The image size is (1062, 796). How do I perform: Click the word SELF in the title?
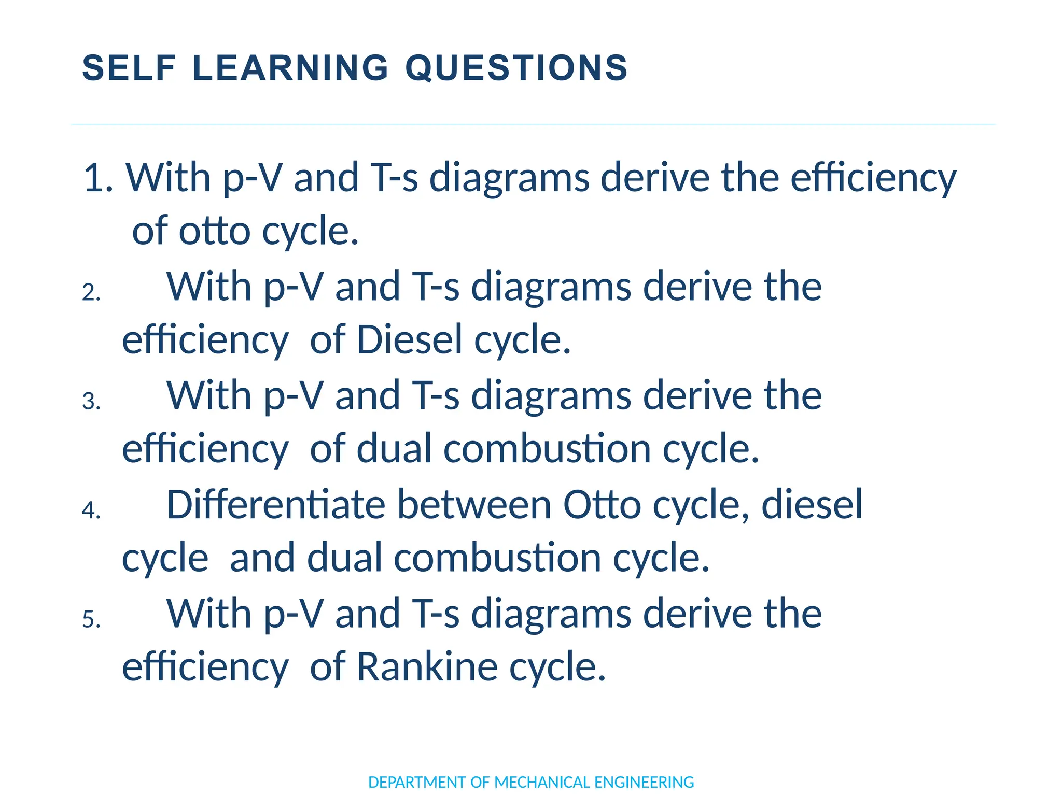click(x=130, y=68)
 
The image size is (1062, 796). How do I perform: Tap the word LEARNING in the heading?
click(x=290, y=68)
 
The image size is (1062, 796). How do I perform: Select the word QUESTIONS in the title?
click(x=516, y=68)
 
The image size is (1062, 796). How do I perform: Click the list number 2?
click(x=91, y=293)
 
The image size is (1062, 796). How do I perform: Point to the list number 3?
click(x=91, y=402)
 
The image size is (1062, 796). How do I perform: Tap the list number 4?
click(x=91, y=510)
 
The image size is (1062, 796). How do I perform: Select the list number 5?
click(x=91, y=620)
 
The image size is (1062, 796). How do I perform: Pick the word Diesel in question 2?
click(x=409, y=340)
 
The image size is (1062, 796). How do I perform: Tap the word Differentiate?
click(x=275, y=505)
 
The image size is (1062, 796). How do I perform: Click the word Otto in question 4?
click(x=602, y=505)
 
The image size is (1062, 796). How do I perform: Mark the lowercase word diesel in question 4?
click(x=812, y=505)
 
